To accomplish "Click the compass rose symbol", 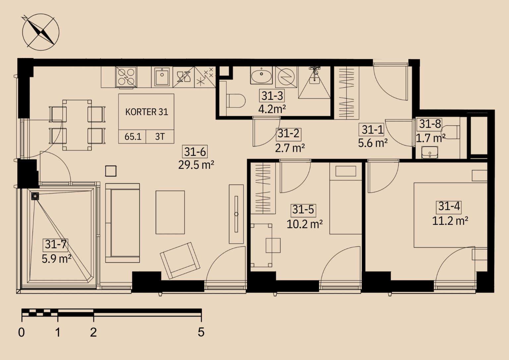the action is pos(41,32).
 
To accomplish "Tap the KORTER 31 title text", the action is pos(146,112).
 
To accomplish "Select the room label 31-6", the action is pos(195,151).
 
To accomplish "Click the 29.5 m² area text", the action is pos(196,165).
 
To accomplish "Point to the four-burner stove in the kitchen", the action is pos(126,77).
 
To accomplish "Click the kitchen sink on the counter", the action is pos(162,77).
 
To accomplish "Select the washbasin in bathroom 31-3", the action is pos(261,75).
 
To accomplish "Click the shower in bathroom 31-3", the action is pos(314,83).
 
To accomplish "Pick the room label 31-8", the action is pos(430,124).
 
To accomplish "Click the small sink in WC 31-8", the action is pos(429,152).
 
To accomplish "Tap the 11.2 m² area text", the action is pos(450,221).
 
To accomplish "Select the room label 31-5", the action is pos(303,209).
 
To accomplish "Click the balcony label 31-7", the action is pos(55,244).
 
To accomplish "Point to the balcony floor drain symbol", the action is pos(35,196).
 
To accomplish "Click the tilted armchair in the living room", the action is pos(180,261).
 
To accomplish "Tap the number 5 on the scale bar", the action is pos(201,332).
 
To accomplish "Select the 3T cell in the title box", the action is pos(160,137).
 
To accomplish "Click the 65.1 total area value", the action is pos(133,137).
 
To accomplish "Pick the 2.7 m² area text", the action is pos(290,148).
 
